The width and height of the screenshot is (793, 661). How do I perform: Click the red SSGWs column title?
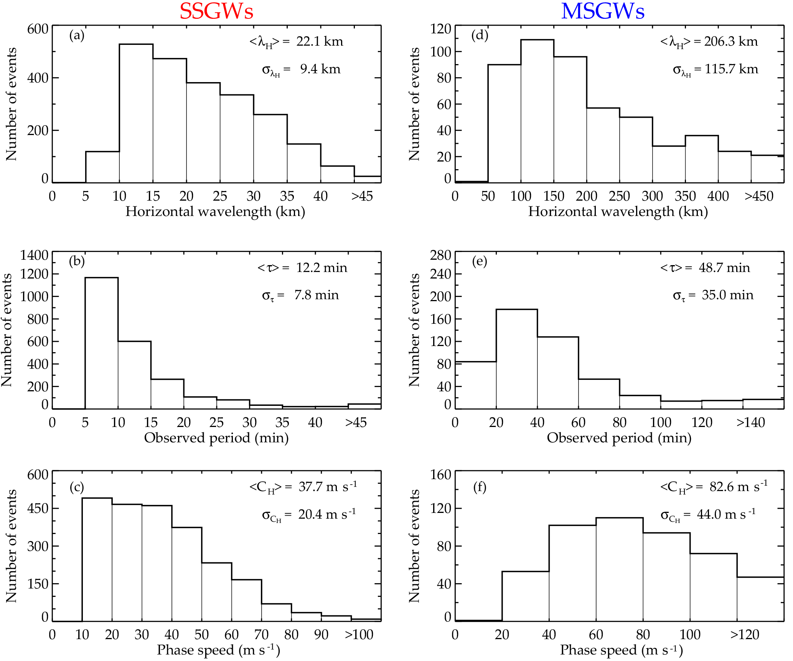tap(216, 12)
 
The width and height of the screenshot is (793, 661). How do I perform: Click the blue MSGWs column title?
tap(603, 12)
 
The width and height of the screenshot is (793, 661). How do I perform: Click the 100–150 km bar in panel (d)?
tap(537, 111)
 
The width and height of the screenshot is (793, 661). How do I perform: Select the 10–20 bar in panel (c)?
tap(97, 560)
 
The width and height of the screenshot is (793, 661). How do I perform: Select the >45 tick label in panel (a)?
tap(362, 196)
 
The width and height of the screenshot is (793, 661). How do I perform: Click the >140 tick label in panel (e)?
tap(750, 423)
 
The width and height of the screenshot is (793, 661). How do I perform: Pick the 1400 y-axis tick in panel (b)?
tap(35, 255)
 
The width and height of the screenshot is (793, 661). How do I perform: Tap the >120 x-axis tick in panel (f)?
tap(745, 635)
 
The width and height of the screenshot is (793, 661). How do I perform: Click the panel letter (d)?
tap(480, 35)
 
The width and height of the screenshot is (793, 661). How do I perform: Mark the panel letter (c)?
tap(77, 487)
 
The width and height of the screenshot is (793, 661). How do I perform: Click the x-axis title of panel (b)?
tap(216, 438)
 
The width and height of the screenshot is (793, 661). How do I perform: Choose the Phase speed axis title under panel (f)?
tap(621, 650)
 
